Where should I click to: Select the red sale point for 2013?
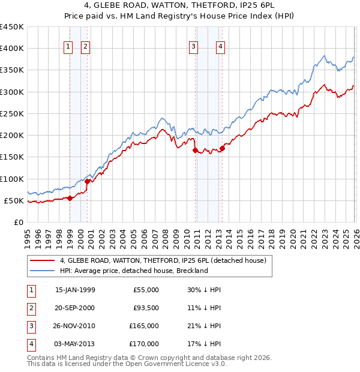pyautogui.click(x=222, y=148)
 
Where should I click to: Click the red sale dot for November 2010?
pyautogui.click(x=196, y=151)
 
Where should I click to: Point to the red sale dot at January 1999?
pyautogui.click(x=70, y=198)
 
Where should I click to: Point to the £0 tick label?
pyautogui.click(x=19, y=223)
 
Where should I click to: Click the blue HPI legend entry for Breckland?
pyautogui.click(x=133, y=271)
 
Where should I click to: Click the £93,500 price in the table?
pyautogui.click(x=145, y=308)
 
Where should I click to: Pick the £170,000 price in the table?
pyautogui.click(x=145, y=344)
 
